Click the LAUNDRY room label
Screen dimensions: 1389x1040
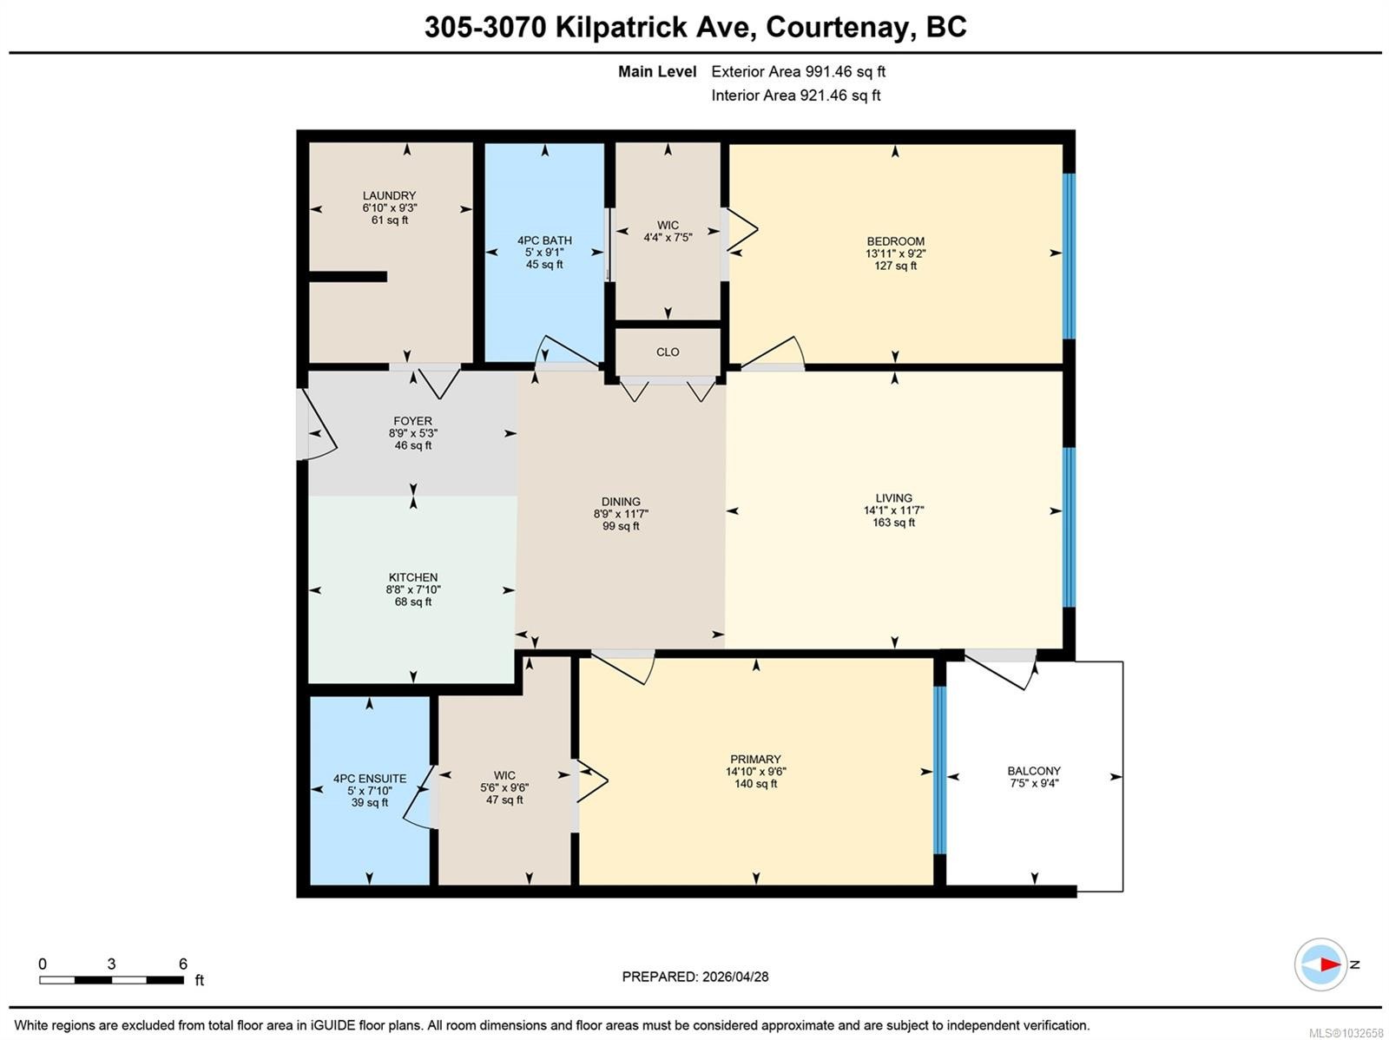[x=389, y=195]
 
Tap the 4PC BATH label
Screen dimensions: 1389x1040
[x=544, y=240]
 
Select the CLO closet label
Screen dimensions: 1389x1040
[x=668, y=352]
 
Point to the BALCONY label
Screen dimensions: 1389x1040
[x=1034, y=771]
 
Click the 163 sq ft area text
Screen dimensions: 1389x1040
[x=893, y=523]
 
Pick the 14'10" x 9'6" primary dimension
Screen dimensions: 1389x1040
[x=755, y=771]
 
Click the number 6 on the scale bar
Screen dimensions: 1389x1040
[x=183, y=964]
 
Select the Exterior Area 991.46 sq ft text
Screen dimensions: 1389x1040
[x=798, y=71]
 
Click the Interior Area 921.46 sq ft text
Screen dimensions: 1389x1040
[x=795, y=95]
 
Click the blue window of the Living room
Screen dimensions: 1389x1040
[x=1069, y=527]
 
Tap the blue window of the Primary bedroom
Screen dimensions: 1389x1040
[x=940, y=770]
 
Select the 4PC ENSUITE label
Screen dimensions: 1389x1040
[x=370, y=779]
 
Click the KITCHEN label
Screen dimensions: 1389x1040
[x=412, y=577]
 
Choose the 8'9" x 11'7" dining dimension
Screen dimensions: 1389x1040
[x=621, y=514]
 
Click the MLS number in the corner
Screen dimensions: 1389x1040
[x=1346, y=1032]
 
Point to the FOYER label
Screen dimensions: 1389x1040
[x=412, y=421]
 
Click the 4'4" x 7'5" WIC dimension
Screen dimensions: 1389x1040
[x=668, y=237]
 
